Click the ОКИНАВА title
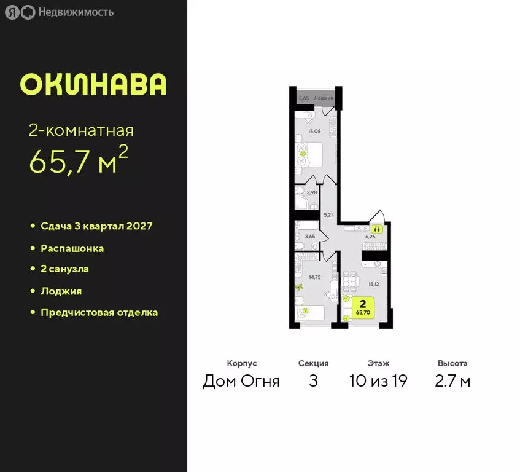(x=93, y=85)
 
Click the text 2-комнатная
(x=81, y=130)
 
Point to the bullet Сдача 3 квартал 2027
(x=96, y=226)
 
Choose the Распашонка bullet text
(x=72, y=248)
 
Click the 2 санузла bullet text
(x=64, y=269)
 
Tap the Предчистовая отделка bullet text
(x=99, y=312)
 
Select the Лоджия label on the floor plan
(x=323, y=98)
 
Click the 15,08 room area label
(x=314, y=131)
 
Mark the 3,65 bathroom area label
(x=311, y=236)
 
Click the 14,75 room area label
(x=314, y=277)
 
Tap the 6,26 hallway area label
(x=370, y=236)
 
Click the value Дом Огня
(x=241, y=381)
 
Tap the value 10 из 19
(x=378, y=381)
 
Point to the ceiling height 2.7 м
(x=452, y=381)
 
